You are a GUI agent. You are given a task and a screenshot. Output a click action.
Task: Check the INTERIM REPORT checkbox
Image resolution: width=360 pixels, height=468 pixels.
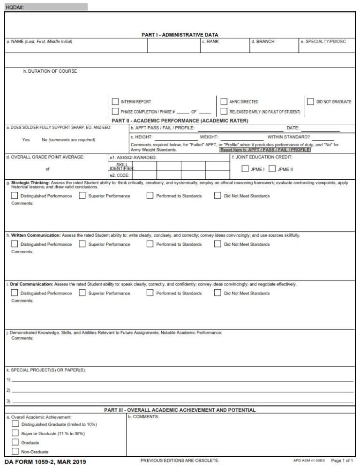[x=115, y=101]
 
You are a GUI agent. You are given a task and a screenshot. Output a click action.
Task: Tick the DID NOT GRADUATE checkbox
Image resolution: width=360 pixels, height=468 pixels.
[x=310, y=101]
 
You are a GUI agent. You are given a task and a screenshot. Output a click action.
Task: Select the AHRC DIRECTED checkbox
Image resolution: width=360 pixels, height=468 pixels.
[x=224, y=101]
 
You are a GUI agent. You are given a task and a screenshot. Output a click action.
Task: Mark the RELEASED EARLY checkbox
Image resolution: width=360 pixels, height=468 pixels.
[x=224, y=112]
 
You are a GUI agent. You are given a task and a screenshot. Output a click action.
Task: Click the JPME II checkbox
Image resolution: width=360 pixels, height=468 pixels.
[x=271, y=169]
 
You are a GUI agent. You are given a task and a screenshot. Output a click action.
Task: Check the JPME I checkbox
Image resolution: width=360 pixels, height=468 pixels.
[x=245, y=169]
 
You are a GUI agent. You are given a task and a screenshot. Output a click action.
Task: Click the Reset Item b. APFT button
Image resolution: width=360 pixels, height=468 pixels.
[x=265, y=150]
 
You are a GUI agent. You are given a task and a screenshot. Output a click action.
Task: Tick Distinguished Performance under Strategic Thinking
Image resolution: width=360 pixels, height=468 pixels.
[x=15, y=196]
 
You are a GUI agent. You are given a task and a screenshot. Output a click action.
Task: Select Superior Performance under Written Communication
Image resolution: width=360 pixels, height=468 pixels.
[x=82, y=244]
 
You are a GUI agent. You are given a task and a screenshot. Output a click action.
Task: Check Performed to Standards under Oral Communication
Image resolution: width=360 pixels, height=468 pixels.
[x=150, y=293]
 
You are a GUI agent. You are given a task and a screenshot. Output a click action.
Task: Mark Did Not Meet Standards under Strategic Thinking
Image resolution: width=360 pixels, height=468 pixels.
[x=217, y=196]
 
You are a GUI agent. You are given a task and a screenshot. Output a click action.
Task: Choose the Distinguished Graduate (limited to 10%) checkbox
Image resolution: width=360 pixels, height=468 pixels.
[x=15, y=424]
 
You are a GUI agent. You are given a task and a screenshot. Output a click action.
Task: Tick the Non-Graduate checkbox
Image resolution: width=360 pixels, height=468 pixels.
[x=15, y=452]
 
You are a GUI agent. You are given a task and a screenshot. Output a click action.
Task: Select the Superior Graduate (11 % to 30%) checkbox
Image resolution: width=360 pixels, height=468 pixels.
[x=15, y=433]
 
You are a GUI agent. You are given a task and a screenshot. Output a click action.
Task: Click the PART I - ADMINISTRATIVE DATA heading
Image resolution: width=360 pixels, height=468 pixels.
[x=180, y=35]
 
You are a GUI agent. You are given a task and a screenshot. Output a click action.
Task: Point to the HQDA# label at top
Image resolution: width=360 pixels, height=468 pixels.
[x=13, y=7]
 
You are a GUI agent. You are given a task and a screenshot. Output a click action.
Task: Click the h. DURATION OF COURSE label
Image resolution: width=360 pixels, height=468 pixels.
[x=50, y=71]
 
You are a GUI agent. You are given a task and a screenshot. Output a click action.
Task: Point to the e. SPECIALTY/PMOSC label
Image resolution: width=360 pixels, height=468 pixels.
[x=322, y=42]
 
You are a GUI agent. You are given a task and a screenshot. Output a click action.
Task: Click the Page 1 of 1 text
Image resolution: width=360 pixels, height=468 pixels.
[x=342, y=461]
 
